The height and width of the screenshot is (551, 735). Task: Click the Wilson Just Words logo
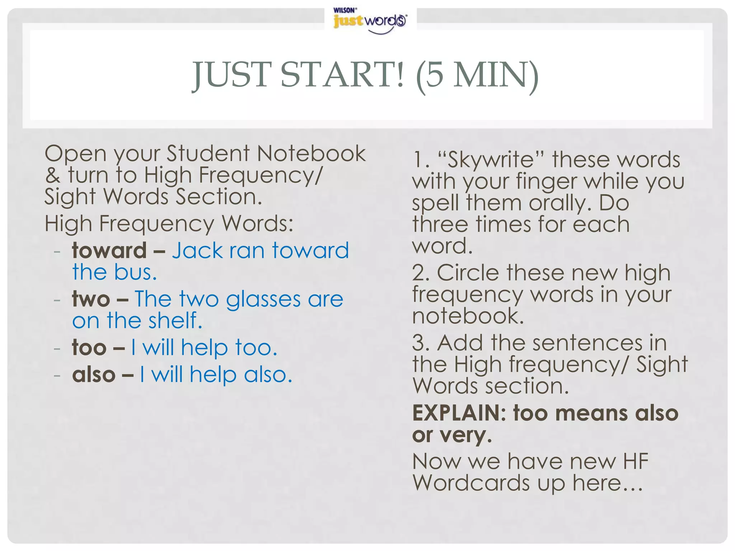coord(370,20)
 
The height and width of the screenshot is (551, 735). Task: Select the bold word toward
coord(109,250)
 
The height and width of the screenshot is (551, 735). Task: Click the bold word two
coord(91,299)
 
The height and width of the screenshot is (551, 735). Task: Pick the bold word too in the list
coord(89,348)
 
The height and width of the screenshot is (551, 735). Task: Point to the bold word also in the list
coord(94,375)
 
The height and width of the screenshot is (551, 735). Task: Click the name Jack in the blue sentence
coord(197,250)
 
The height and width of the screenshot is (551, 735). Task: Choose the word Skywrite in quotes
coord(491,160)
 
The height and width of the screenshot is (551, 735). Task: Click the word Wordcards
coord(471,483)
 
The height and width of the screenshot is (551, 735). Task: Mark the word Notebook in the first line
coord(311,154)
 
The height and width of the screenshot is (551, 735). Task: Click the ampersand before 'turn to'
coord(53,175)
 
